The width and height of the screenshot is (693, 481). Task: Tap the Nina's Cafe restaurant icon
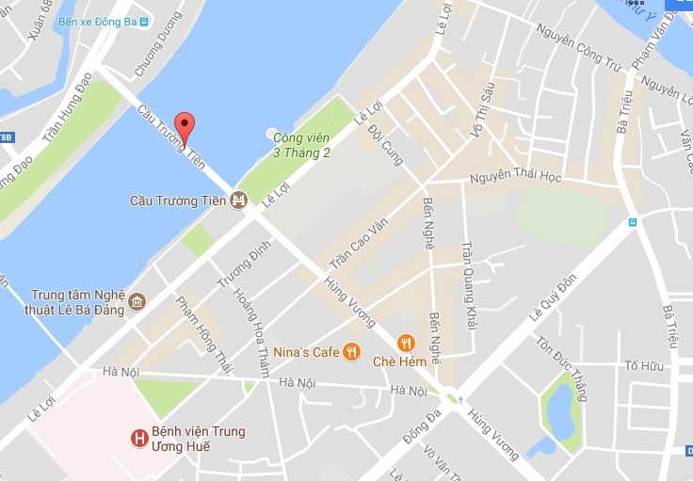pos(351,351)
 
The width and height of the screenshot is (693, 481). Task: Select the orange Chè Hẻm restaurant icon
pos(407,344)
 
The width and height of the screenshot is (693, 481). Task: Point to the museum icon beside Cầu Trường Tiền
pos(239,200)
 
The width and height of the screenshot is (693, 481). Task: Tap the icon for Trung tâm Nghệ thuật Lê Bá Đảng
pos(137,301)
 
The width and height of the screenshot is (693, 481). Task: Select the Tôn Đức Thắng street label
pos(561,368)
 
